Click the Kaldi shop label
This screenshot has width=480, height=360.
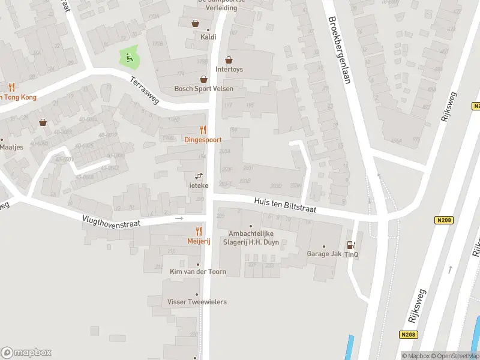coord(208,37)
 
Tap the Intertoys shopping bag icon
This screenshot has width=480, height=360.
coord(229,60)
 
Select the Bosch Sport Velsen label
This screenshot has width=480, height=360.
coord(203,89)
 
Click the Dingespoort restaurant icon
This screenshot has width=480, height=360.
coord(203,130)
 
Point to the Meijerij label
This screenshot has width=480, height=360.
coord(198,241)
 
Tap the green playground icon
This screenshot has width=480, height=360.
coord(128,58)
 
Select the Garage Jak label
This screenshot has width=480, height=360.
coord(324,254)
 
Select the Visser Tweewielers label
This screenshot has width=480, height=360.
coord(197,302)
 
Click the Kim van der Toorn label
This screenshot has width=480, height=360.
coord(197,272)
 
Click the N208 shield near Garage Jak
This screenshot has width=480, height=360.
coord(443,221)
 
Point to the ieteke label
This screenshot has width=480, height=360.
coord(199,185)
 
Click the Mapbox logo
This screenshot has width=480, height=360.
coord(26,353)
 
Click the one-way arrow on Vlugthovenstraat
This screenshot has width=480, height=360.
coord(179,218)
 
